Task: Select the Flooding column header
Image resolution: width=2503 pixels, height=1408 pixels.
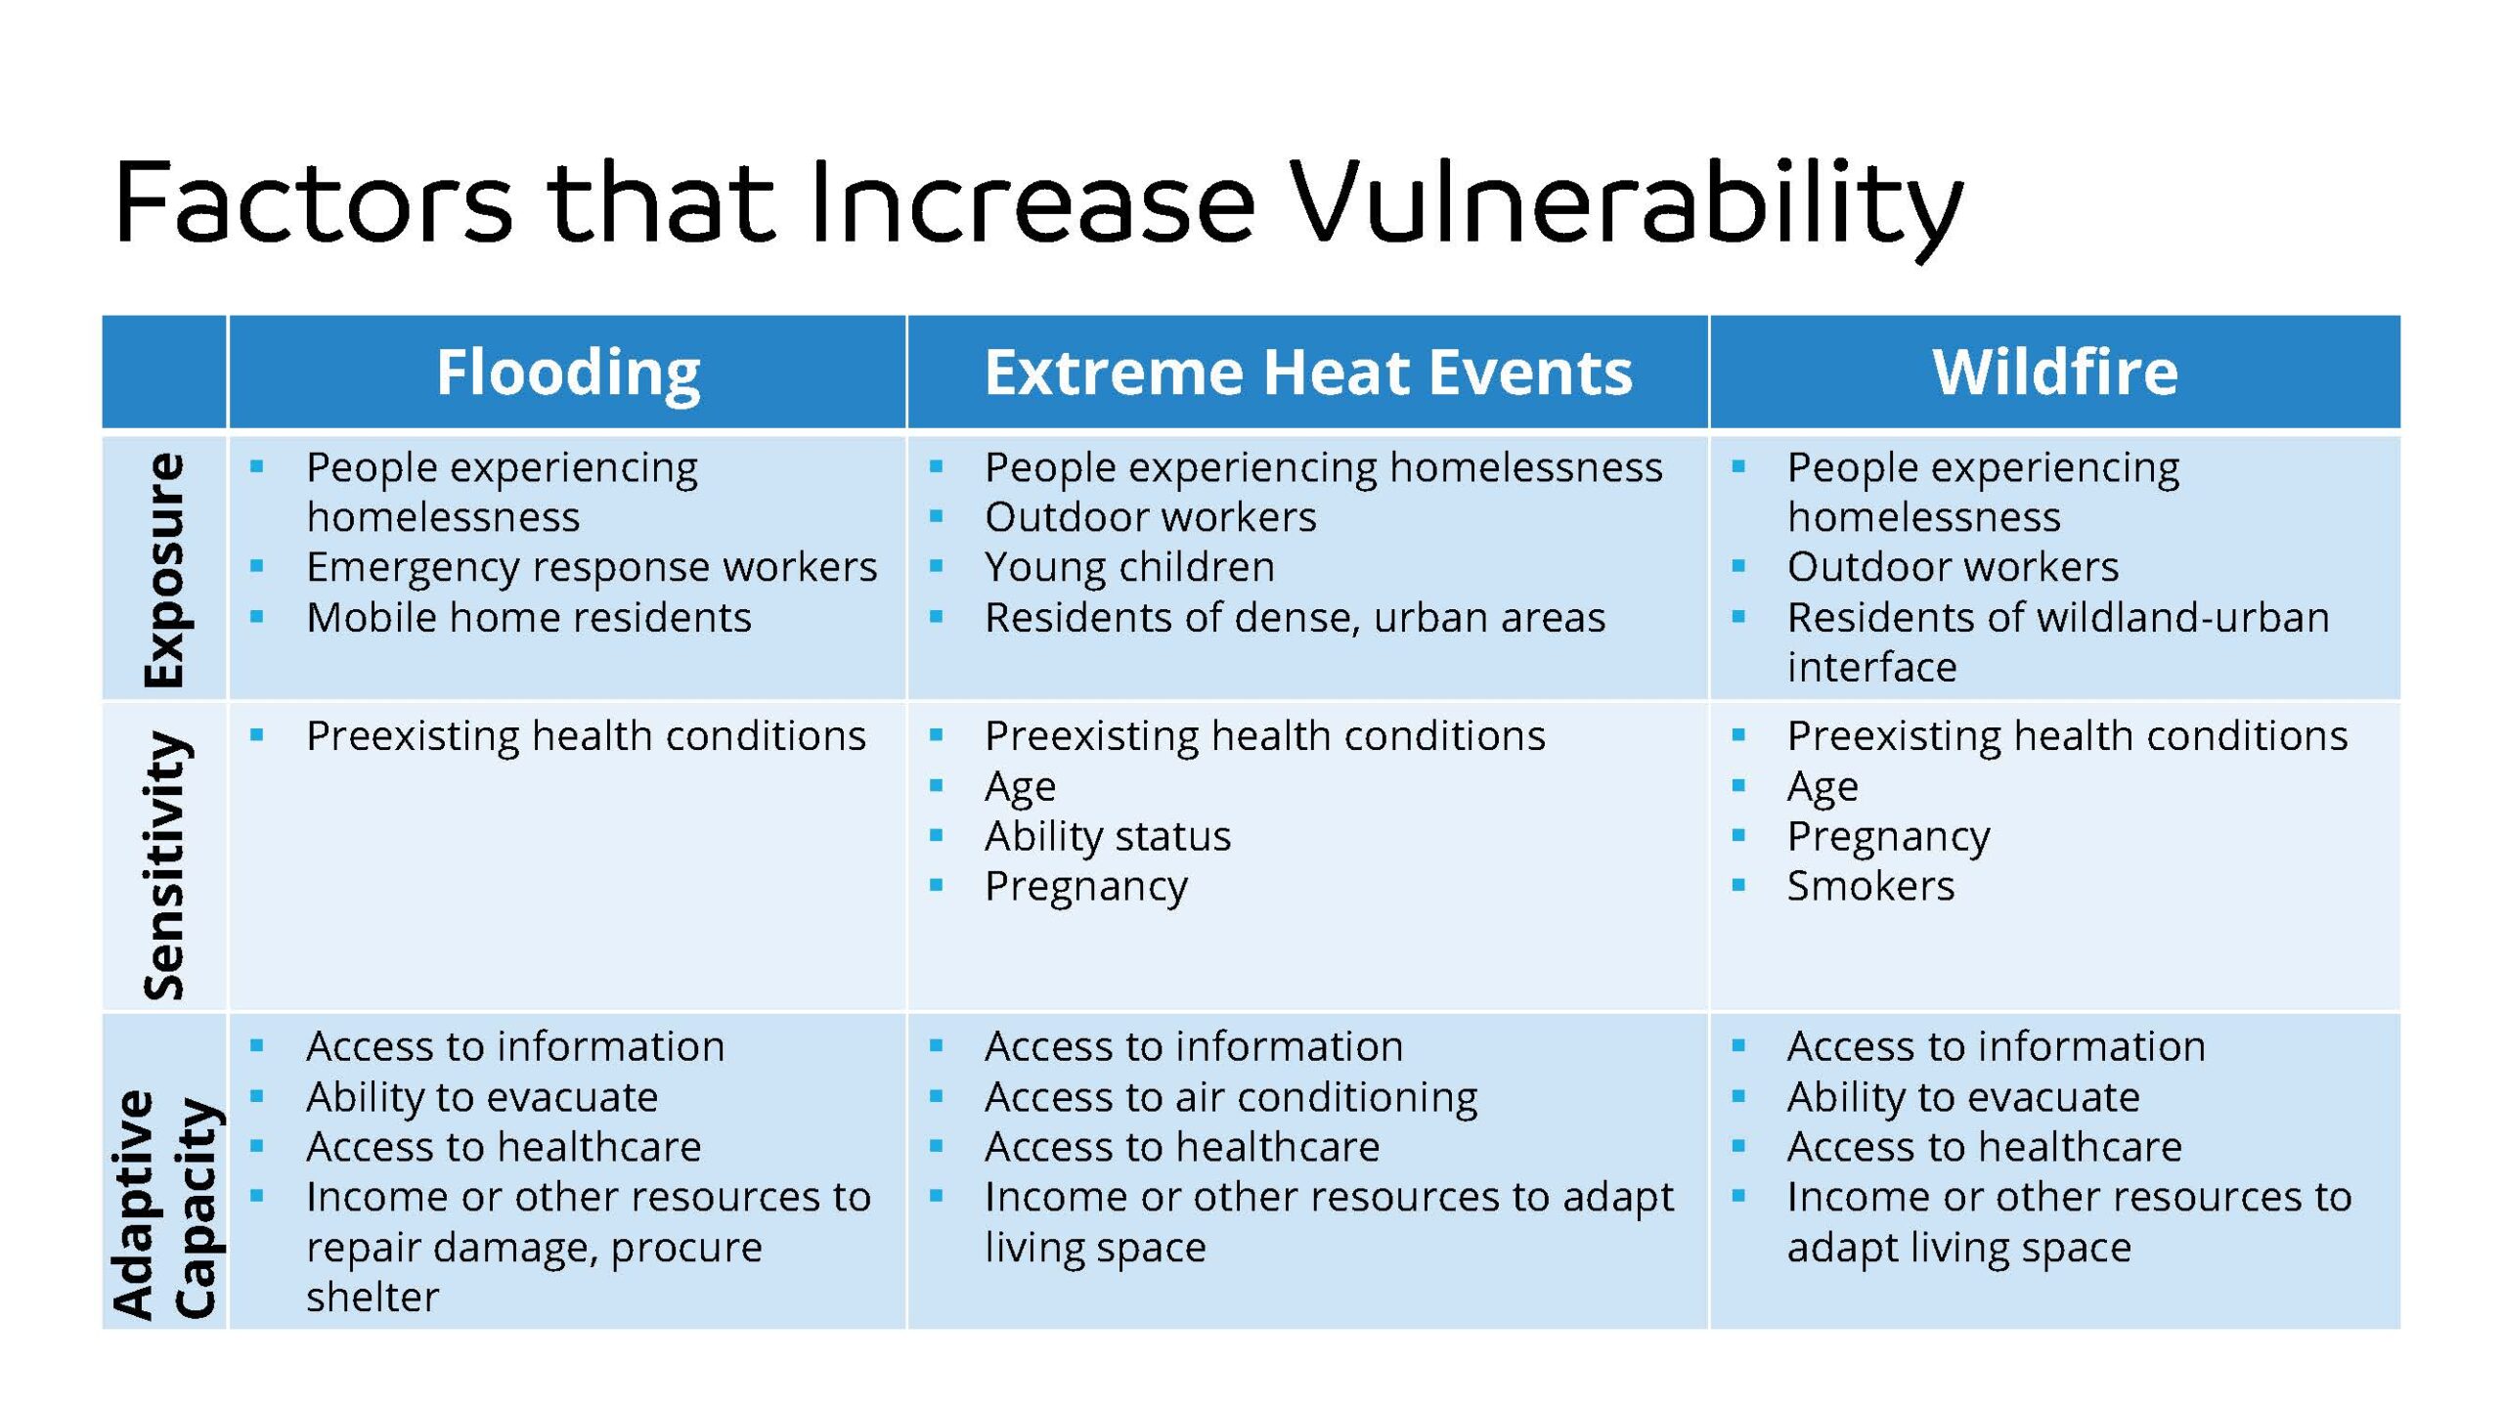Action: tap(568, 374)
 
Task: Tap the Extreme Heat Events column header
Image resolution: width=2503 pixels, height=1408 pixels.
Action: tap(1308, 373)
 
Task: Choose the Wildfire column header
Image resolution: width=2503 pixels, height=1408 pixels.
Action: tap(2055, 372)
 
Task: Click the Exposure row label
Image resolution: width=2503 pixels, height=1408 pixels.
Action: tap(163, 569)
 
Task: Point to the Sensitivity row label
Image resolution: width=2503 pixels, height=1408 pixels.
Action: tap(163, 865)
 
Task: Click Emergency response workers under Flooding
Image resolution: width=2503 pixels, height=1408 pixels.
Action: tap(592, 567)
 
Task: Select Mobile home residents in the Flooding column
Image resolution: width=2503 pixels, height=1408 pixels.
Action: tap(529, 617)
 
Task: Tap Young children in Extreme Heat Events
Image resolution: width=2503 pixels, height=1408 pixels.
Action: tap(1129, 567)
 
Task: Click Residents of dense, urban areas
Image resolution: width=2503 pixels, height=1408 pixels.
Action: tap(1295, 617)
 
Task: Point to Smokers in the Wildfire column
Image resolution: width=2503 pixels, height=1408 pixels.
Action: tap(1870, 886)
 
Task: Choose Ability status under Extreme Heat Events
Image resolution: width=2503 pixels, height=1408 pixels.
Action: tap(1108, 836)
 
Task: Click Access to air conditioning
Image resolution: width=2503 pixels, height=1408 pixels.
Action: tap(1231, 1097)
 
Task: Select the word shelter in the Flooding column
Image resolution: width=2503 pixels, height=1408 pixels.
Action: tap(373, 1297)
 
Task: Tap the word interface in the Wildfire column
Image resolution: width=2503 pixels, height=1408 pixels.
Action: tap(1871, 667)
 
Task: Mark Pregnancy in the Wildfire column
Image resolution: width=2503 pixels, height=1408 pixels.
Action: tap(1888, 837)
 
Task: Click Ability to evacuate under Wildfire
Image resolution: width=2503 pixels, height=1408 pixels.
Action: tap(1963, 1097)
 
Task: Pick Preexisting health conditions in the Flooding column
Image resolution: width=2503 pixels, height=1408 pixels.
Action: tap(586, 736)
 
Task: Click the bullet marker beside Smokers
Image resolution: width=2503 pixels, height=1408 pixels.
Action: tap(1737, 885)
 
